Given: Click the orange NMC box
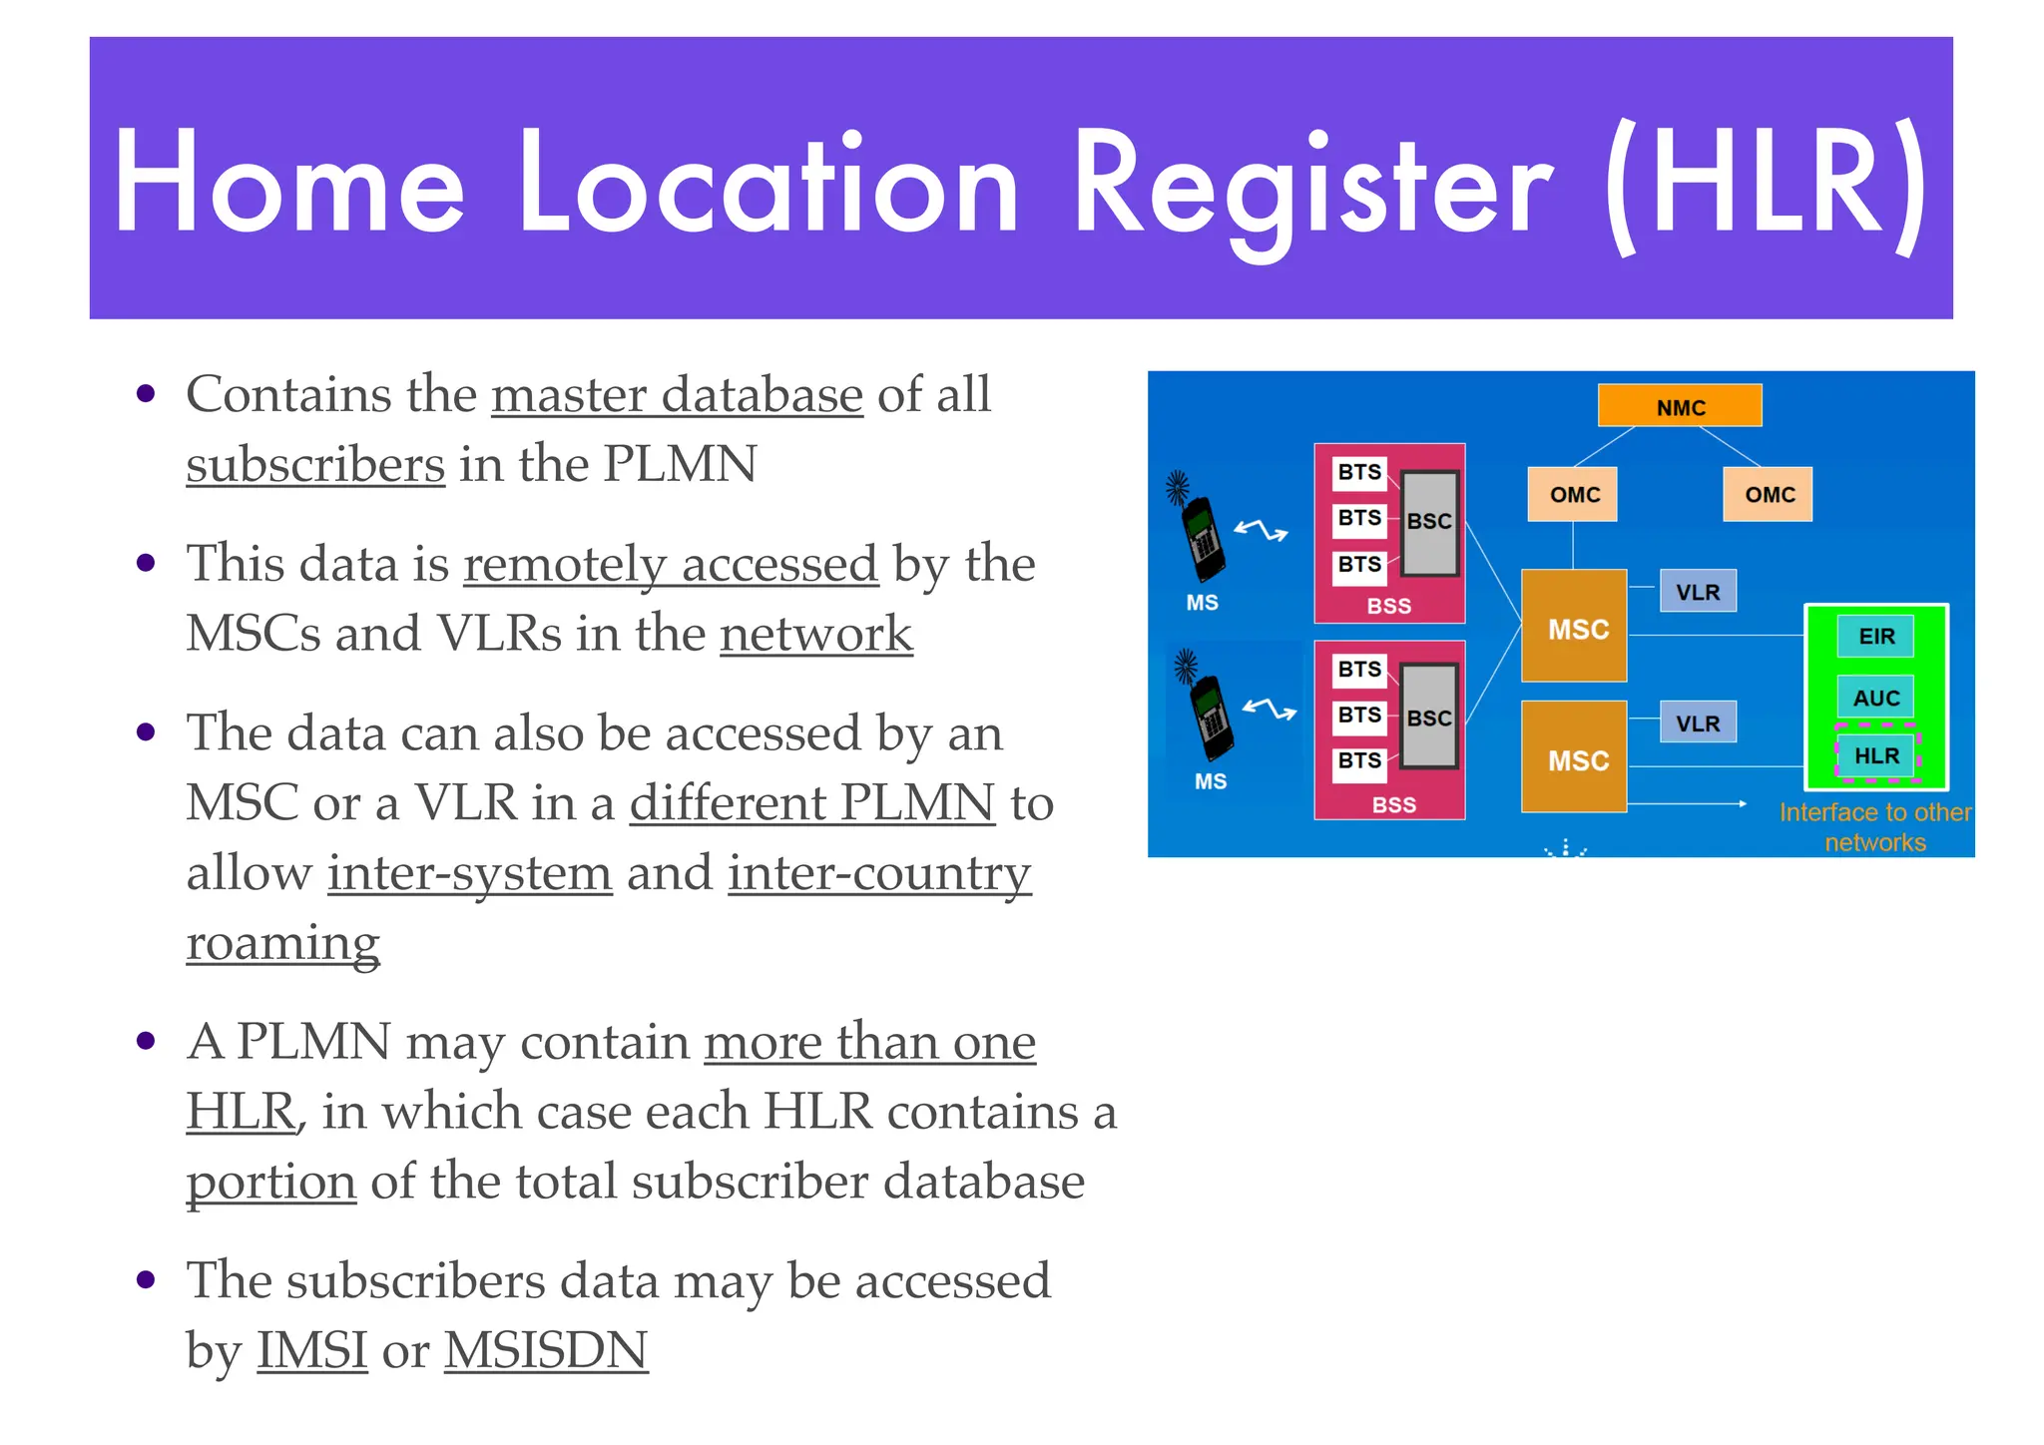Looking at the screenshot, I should (x=1680, y=406).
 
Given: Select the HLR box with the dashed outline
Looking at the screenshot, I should (x=1876, y=755).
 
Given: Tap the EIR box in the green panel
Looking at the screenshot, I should (x=1876, y=636).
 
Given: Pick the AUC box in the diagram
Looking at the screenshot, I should (x=1876, y=697).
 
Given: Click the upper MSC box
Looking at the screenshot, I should (x=1574, y=627).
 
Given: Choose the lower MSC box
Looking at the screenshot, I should (x=1574, y=757).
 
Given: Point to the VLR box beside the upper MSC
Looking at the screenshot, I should (x=1698, y=591).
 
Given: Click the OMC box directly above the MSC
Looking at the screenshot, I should (x=1573, y=494).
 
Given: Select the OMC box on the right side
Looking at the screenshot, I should (x=1768, y=494).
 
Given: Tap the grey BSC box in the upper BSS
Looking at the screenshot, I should (x=1429, y=523).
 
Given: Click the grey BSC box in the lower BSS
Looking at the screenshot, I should (x=1429, y=717).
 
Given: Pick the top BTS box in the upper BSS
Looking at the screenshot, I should (x=1359, y=472).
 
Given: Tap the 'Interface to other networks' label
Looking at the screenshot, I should (x=1874, y=827).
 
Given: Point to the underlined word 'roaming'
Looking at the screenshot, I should (x=282, y=942).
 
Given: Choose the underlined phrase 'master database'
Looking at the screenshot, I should (x=677, y=394).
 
